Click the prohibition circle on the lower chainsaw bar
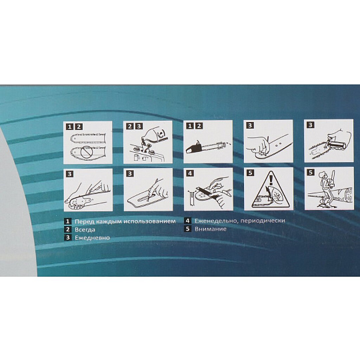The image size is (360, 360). coord(87,152)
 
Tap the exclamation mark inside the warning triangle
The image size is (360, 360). coord(271,180)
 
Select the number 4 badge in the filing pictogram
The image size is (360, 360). coord(190,173)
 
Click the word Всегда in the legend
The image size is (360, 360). coord(85,229)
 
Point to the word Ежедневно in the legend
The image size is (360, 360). coord(92,237)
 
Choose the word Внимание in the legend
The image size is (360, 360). coord(211,229)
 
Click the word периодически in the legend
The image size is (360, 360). coord(263,221)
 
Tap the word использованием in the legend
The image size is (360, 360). coord(149,221)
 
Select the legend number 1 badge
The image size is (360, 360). coord(67,221)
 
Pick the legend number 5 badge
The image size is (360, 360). coord(188,229)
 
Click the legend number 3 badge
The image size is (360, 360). coord(67,237)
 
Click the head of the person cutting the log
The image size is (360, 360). coord(323,175)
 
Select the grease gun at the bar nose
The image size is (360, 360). coord(335,144)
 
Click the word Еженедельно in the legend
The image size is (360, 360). coord(216,221)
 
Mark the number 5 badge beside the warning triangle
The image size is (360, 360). coord(250,173)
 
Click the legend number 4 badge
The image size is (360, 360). coord(188,221)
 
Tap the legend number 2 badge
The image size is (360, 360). coord(67,229)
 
